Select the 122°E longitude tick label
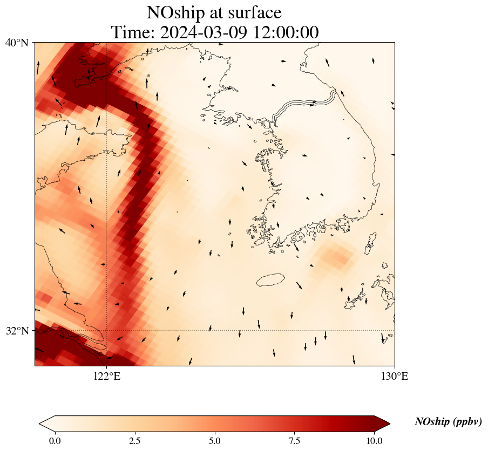(107, 377)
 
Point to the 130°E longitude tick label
(395, 377)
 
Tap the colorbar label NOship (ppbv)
(448, 422)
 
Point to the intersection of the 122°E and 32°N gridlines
(107, 330)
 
